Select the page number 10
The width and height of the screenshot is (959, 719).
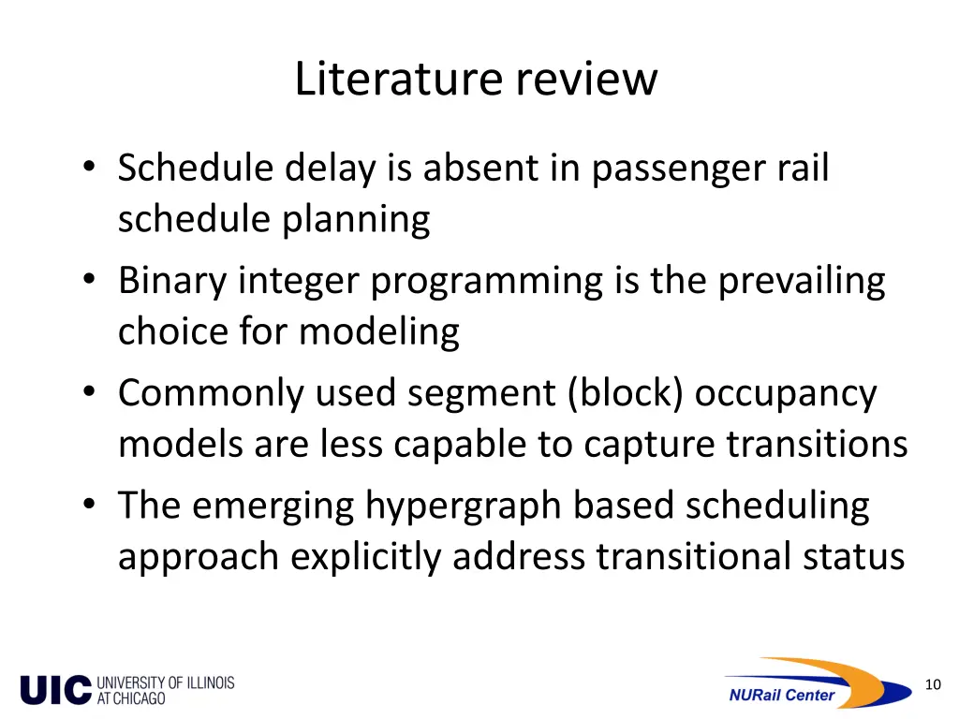click(x=932, y=684)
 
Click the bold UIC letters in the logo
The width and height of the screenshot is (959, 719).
click(x=55, y=690)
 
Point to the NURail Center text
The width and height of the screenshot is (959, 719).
click(x=781, y=695)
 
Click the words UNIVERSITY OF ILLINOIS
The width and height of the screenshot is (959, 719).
click(x=165, y=682)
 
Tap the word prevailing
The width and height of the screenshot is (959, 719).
click(x=802, y=281)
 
